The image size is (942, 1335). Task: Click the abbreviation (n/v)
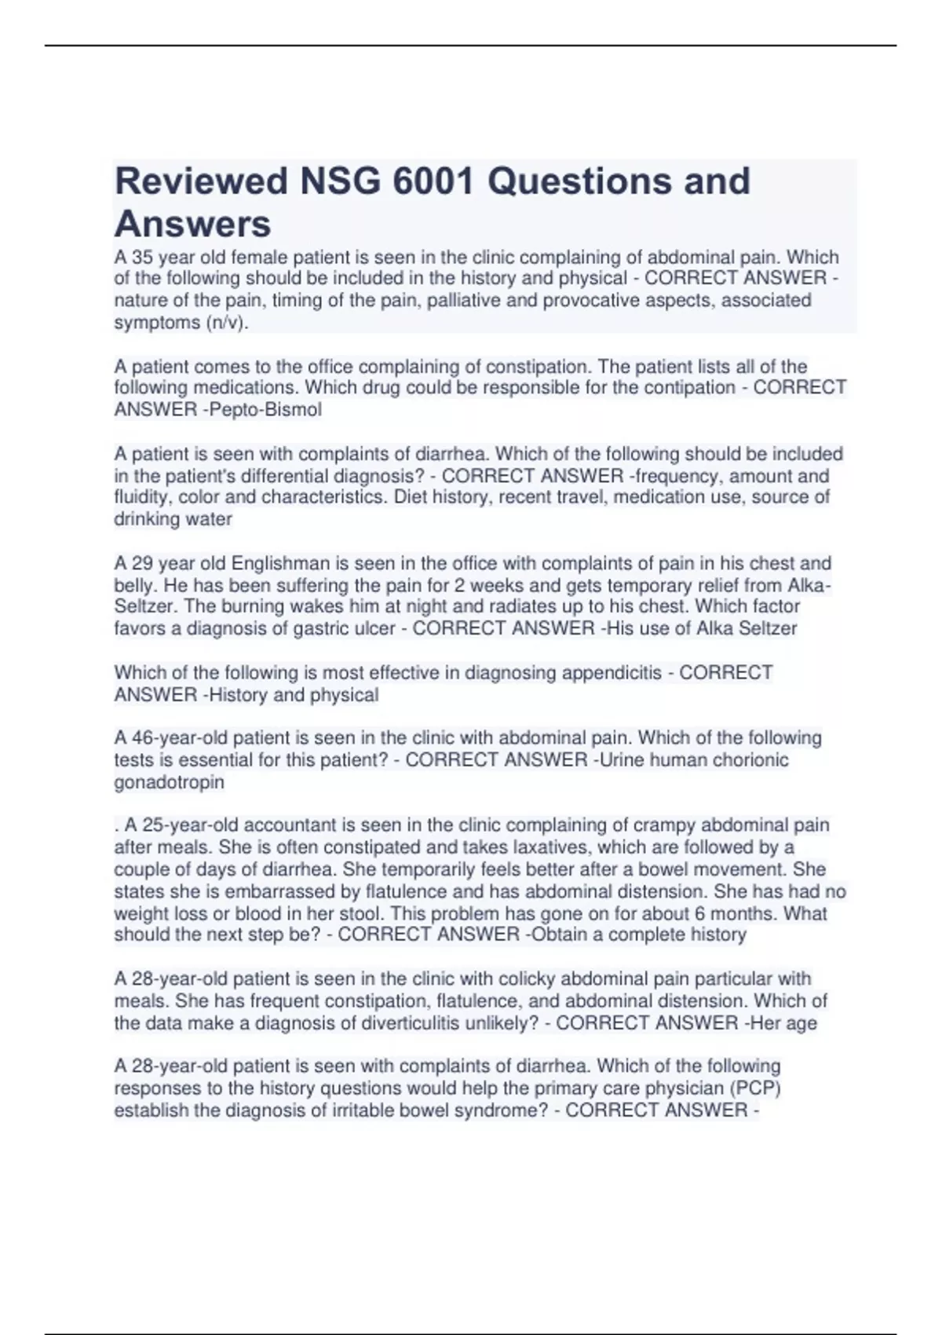pos(227,323)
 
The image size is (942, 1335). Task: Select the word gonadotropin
pos(169,782)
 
